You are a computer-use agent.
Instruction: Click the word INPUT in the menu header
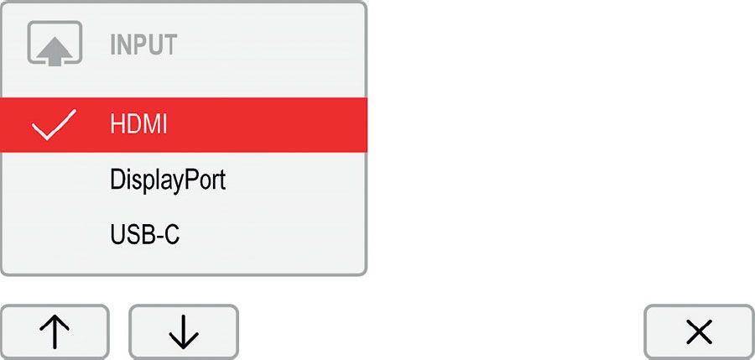(x=143, y=44)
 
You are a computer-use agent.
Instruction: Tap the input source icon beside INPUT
(x=55, y=44)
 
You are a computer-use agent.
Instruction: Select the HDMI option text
(x=138, y=124)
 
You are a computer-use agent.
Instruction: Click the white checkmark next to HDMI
(x=54, y=124)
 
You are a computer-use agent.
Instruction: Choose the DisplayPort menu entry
(x=168, y=181)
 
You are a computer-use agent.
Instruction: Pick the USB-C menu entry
(x=144, y=235)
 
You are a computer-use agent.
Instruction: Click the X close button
(x=699, y=332)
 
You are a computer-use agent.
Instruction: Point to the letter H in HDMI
(x=117, y=124)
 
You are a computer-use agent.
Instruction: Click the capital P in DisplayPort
(x=186, y=180)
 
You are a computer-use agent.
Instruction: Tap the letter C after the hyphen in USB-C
(x=171, y=235)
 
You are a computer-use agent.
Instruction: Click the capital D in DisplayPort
(x=118, y=180)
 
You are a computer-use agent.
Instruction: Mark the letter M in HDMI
(x=152, y=124)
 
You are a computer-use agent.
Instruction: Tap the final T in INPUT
(x=170, y=44)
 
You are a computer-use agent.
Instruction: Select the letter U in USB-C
(x=117, y=235)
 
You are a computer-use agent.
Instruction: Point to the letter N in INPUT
(x=125, y=44)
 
